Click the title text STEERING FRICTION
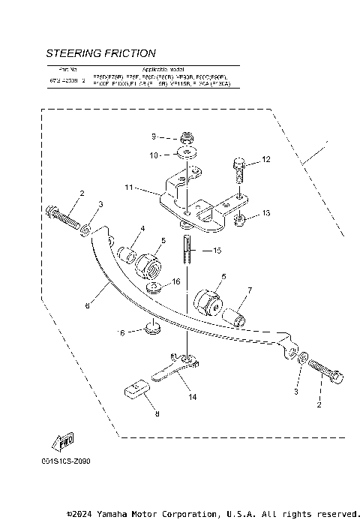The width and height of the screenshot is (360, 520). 100,53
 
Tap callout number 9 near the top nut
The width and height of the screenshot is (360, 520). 153,137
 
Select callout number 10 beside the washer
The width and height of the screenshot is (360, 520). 154,155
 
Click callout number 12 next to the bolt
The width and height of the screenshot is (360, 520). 265,161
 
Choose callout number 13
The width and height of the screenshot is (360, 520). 266,214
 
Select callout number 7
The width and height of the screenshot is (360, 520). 250,290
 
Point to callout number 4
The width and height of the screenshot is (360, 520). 142,228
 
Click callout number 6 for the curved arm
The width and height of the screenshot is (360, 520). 88,305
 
